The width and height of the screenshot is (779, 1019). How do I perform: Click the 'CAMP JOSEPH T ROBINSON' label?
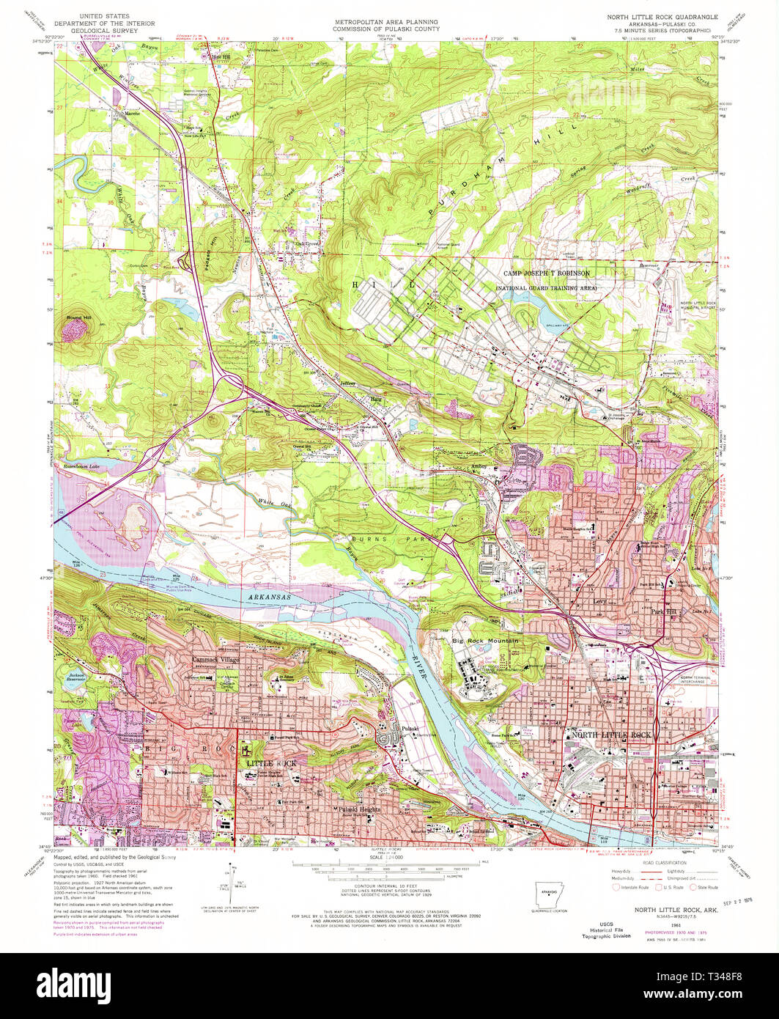(x=546, y=273)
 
